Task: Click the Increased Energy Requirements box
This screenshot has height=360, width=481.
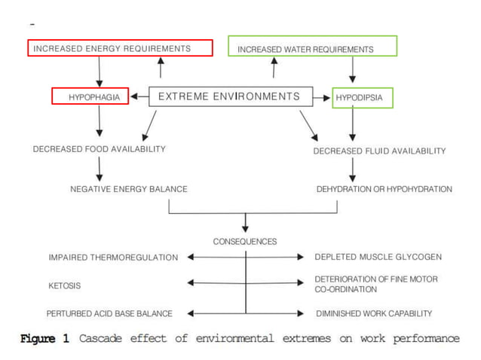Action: [121, 48]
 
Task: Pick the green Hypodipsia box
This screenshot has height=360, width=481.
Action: [363, 97]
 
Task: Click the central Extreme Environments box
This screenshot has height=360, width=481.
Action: [229, 96]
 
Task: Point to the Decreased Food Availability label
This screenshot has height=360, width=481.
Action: [99, 149]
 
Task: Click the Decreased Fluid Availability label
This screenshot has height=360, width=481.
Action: [379, 151]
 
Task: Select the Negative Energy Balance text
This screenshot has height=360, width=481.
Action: [129, 189]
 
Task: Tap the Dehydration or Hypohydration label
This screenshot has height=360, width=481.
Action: [384, 189]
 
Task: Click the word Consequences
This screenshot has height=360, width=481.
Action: [245, 242]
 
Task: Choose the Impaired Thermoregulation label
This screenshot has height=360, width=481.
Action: [114, 258]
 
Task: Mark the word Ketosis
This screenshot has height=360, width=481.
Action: [65, 286]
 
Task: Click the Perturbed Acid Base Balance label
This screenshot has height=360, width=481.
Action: [109, 313]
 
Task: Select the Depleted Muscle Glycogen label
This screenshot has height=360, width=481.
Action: [378, 258]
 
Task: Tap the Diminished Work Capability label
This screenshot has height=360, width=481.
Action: [373, 313]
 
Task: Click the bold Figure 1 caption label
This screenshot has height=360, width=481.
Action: [44, 339]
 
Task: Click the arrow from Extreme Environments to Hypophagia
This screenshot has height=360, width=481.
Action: [139, 96]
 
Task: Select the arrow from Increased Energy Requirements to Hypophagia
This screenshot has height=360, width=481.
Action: [99, 72]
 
